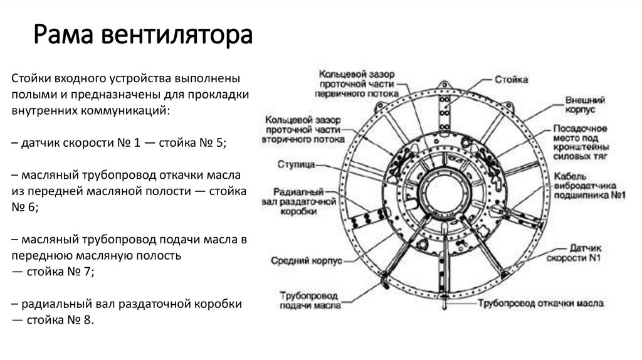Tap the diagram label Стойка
coord(511,80)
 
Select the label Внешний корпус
coord(584,105)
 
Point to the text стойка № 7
coord(61,272)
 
